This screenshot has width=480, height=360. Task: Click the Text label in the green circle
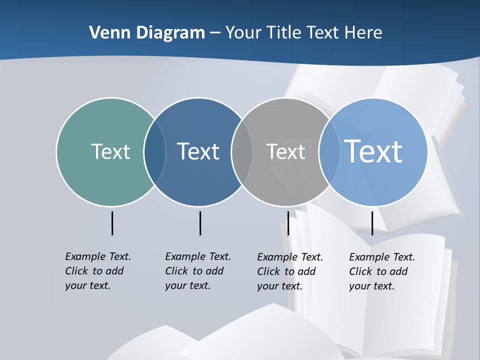110,151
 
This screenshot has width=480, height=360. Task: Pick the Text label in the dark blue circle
198,151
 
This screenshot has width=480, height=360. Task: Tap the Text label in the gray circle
285,151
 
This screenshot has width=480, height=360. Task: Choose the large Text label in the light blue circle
373,151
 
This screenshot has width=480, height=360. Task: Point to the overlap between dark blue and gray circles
242,151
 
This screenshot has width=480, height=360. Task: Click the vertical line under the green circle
112,223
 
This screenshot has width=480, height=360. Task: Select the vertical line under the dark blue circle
200,223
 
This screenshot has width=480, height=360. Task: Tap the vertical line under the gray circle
288,223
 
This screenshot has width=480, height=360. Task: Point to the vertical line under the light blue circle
372,223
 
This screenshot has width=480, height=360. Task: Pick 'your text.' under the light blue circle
371,286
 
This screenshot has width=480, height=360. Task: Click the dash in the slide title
215,33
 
